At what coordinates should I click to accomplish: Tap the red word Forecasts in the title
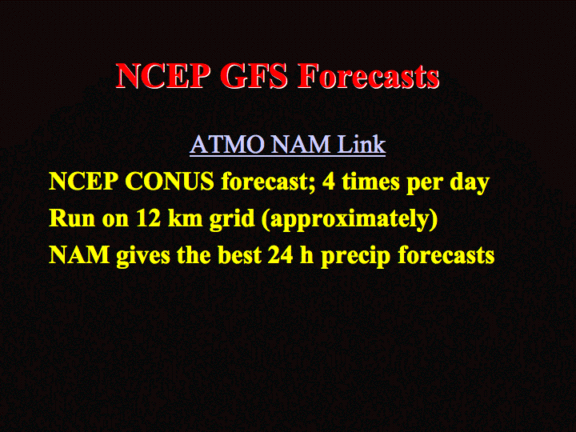coord(369,76)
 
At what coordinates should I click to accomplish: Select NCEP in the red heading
coord(163,76)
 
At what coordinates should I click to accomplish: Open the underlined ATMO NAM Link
coord(288,144)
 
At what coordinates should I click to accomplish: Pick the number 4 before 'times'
coord(329,182)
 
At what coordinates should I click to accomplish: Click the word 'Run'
coord(72,218)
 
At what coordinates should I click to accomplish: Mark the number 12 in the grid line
coord(149,218)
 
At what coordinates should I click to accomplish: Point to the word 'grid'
coord(232,220)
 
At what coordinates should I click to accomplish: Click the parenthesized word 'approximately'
coord(350,220)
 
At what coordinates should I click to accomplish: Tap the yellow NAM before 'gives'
coord(79,255)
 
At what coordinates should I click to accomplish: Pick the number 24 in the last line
coord(280,255)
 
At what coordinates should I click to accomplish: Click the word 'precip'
coord(355,257)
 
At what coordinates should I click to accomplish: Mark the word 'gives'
coord(143,257)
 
